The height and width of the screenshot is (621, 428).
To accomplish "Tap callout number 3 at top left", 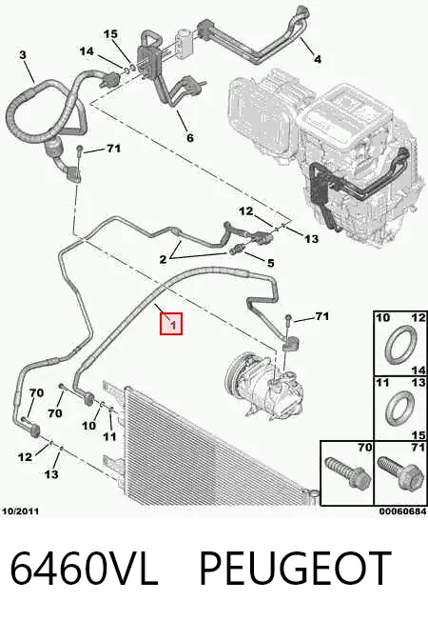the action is click(23, 54).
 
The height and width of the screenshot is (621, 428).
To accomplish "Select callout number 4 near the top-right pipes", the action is click(317, 59).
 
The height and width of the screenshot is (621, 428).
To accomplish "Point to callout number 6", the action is click(190, 137).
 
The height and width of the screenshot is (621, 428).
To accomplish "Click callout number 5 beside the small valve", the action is click(270, 263).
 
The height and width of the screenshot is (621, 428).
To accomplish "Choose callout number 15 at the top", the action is click(110, 34).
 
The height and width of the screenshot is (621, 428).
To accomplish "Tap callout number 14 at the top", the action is click(87, 51).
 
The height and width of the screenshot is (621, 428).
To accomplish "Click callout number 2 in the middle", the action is click(163, 260).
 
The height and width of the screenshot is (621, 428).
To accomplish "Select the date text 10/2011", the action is click(21, 511).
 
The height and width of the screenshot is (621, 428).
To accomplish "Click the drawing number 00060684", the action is click(402, 511).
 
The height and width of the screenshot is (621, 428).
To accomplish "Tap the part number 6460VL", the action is click(85, 568).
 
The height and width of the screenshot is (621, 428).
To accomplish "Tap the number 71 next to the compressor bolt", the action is click(322, 316).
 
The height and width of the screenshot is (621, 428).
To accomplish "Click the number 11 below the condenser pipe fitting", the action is click(109, 436).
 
